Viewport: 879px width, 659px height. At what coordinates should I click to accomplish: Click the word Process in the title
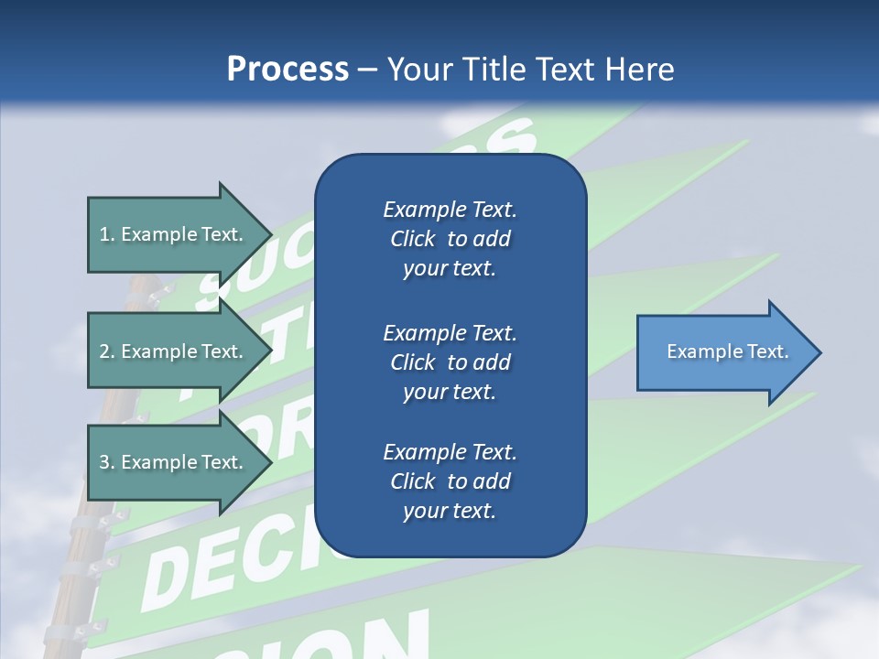click(288, 70)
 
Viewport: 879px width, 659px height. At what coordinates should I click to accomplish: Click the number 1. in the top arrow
click(107, 234)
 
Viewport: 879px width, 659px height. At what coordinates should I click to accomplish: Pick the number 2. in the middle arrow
click(107, 351)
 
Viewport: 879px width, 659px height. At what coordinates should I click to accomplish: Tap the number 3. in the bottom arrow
click(107, 462)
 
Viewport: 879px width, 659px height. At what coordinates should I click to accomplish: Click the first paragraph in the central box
click(450, 239)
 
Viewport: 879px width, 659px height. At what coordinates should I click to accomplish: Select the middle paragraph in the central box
click(450, 362)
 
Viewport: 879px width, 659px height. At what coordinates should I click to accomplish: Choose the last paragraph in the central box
click(450, 481)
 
